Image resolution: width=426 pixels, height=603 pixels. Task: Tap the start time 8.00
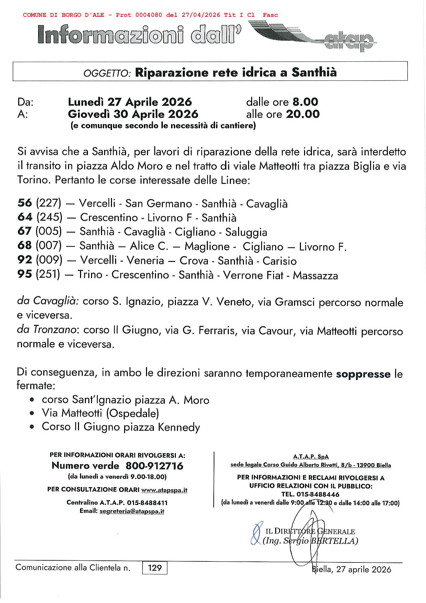click(305, 102)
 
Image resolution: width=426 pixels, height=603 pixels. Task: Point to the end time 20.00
click(302, 114)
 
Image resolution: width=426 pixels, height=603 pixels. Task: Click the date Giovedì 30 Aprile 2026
click(133, 114)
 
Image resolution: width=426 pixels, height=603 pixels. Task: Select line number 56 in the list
click(24, 203)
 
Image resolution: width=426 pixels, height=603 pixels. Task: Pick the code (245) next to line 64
click(49, 218)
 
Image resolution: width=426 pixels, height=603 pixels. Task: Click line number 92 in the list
click(24, 261)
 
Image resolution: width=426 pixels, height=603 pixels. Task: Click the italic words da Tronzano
click(46, 330)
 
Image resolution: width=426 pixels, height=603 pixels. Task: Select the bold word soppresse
click(363, 374)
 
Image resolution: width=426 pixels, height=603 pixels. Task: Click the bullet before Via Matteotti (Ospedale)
click(32, 414)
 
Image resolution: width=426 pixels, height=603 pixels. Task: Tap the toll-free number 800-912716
click(155, 466)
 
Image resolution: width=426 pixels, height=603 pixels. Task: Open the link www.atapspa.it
click(164, 490)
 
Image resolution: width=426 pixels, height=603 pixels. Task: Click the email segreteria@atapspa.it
click(132, 511)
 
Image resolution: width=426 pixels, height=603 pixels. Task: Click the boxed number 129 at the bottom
click(155, 568)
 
